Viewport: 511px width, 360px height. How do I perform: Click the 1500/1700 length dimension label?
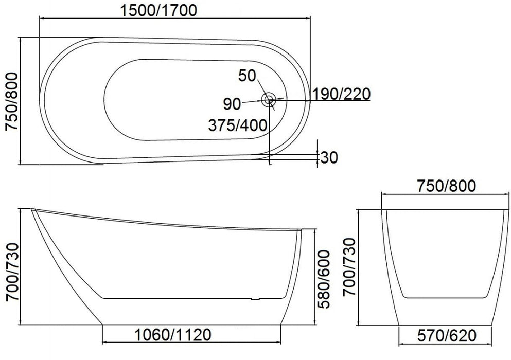[x=158, y=10]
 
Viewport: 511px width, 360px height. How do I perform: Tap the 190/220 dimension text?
[x=341, y=94]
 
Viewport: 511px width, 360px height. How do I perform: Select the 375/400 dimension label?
[x=238, y=125]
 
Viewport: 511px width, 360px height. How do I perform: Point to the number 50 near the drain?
[x=247, y=76]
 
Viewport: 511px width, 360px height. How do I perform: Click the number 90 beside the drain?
[x=232, y=104]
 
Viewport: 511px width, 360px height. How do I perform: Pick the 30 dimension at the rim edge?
[x=329, y=157]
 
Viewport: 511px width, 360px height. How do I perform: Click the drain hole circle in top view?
[x=269, y=99]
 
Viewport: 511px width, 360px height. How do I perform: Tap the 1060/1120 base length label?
[x=173, y=335]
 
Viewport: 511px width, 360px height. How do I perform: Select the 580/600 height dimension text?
[x=324, y=279]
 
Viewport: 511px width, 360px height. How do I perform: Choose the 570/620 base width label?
[x=447, y=335]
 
